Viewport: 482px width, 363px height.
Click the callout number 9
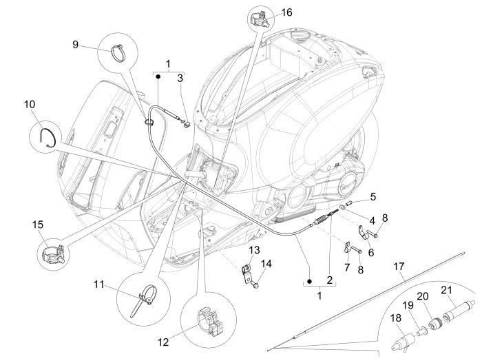pyautogui.click(x=75, y=45)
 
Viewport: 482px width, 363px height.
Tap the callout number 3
pyautogui.click(x=180, y=78)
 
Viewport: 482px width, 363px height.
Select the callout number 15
pyautogui.click(x=38, y=225)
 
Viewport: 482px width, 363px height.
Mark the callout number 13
pyautogui.click(x=254, y=249)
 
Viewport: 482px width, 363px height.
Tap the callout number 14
pyautogui.click(x=266, y=263)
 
